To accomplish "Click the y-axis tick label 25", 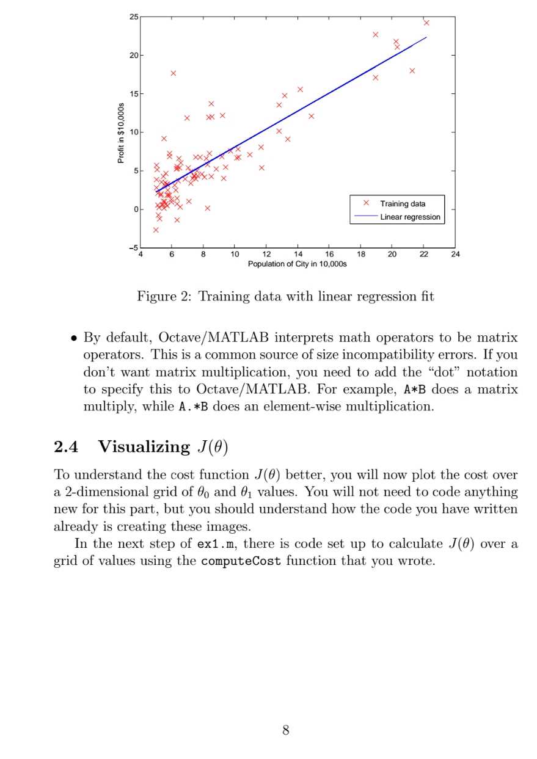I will coord(134,16).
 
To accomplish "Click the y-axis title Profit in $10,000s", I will coord(121,132).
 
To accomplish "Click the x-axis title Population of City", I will coord(297,264).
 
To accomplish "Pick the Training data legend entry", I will coord(402,203).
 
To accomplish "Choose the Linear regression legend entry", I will coord(409,217).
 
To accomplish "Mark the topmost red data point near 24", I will coord(426,23).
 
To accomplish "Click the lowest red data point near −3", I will coord(156,230).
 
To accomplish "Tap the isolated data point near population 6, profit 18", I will coord(173,73).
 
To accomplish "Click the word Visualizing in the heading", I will coord(144,447).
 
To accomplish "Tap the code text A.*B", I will coord(193,407).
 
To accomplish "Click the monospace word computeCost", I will coord(241,561).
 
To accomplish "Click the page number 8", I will coord(285,730).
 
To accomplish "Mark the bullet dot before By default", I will coord(73,338).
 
